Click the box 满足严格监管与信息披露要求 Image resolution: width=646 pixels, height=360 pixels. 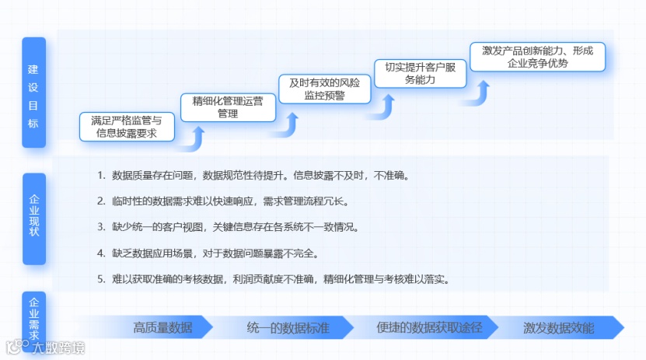pos(127,127)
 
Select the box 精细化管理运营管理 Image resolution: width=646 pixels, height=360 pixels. pos(228,107)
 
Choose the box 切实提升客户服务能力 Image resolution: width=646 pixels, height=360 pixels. pos(420,73)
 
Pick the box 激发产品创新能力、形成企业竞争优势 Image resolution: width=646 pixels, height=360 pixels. pos(537,57)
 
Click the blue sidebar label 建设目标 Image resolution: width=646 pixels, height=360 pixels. pos(33,92)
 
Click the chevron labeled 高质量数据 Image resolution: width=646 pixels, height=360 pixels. pos(162,327)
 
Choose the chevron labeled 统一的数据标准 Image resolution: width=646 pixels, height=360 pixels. pos(288,327)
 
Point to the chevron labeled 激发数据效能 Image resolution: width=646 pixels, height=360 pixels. pos(559,327)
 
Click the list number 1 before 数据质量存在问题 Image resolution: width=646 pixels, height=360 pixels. pos(101,175)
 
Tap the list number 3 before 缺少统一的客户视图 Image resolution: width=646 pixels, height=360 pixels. pos(101,227)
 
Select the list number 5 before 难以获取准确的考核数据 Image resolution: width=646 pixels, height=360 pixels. pos(101,278)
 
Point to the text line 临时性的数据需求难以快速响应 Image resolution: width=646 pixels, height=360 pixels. pos(230,201)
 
